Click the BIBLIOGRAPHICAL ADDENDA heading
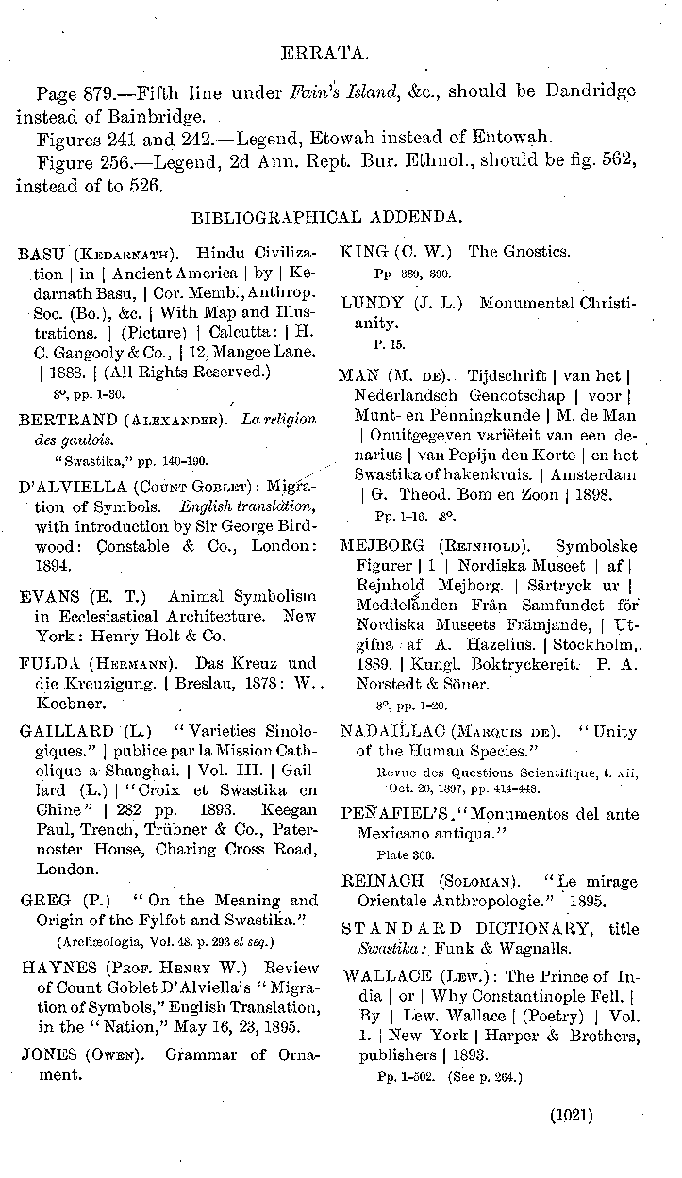(x=326, y=217)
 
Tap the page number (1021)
(x=571, y=1116)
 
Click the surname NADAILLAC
(x=384, y=731)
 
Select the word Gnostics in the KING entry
(x=533, y=252)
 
